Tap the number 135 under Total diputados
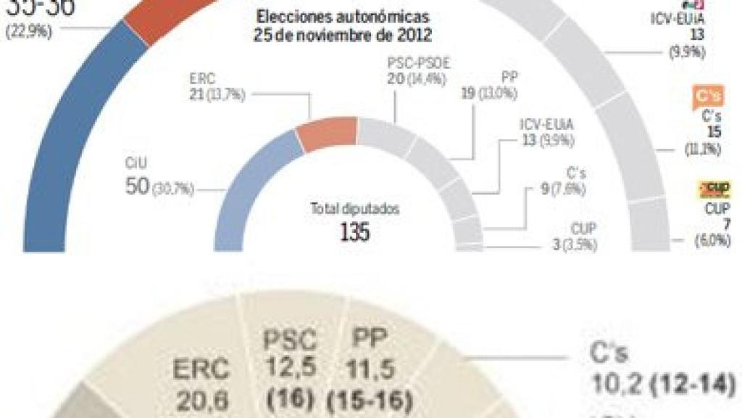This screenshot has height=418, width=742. pos(355,231)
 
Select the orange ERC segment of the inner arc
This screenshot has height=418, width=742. pos(327,134)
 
